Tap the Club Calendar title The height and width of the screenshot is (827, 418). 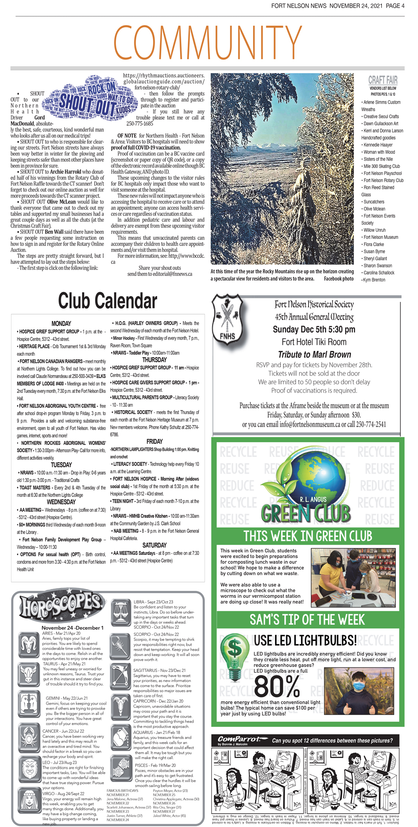tap(107, 301)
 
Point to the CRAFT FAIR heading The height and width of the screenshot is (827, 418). tap(382, 80)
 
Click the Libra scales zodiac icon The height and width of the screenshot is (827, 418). tap(120, 611)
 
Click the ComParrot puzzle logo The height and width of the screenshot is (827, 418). tap(239, 739)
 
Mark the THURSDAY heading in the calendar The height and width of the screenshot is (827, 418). tap(154, 360)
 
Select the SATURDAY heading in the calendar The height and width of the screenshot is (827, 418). tap(154, 545)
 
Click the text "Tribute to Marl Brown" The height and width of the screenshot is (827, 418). tap(314, 355)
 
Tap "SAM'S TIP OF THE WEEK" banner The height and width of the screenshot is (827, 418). tap(307, 620)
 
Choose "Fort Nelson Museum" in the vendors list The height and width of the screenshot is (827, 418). tap(381, 237)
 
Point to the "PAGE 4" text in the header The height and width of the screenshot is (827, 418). tap(395, 6)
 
